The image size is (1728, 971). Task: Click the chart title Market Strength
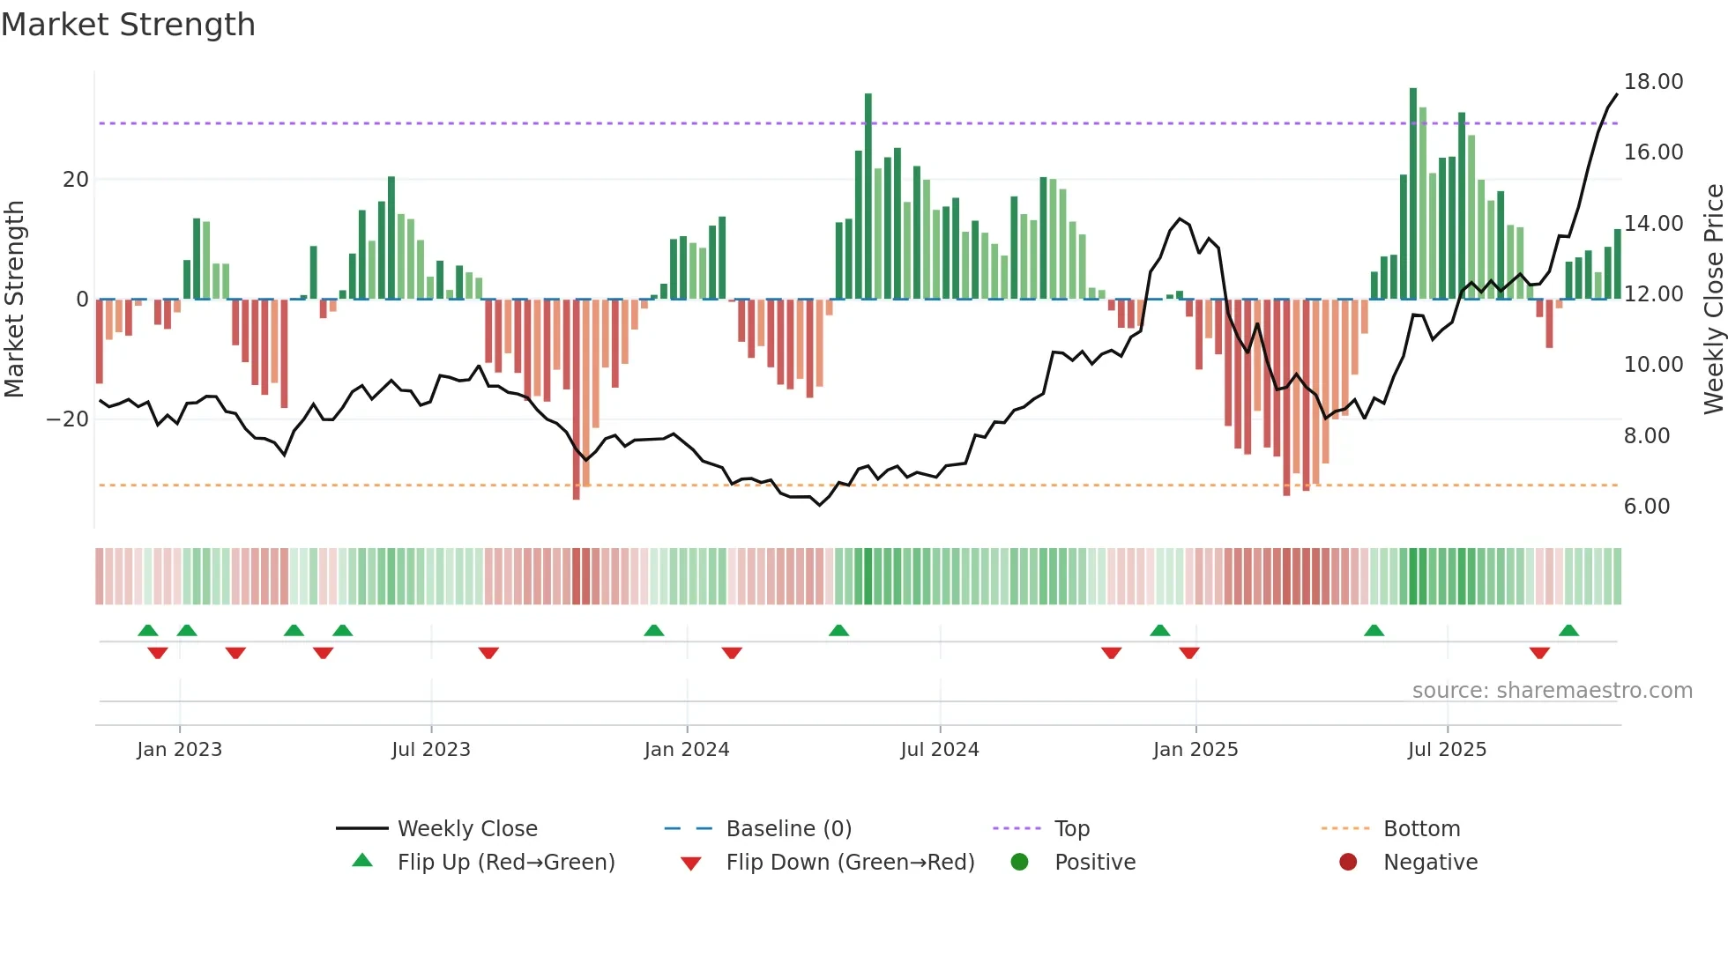click(x=128, y=25)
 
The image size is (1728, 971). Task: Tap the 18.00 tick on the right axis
click(x=1653, y=82)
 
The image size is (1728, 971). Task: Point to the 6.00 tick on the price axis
click(x=1646, y=507)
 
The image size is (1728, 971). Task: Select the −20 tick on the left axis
click(x=68, y=419)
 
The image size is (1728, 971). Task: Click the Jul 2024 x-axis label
click(x=939, y=750)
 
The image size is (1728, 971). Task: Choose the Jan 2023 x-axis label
click(x=179, y=750)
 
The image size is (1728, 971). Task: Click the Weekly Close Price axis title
click(x=1713, y=300)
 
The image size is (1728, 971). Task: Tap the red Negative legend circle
click(x=1348, y=863)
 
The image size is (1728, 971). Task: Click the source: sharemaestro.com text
click(x=1552, y=691)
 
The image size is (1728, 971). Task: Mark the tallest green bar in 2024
click(x=868, y=194)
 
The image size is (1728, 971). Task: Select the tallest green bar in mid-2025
click(x=1413, y=194)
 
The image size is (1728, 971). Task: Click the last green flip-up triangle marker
click(x=1568, y=631)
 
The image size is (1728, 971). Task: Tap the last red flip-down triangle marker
click(x=1539, y=653)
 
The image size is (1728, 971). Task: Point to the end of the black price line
click(x=1617, y=94)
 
